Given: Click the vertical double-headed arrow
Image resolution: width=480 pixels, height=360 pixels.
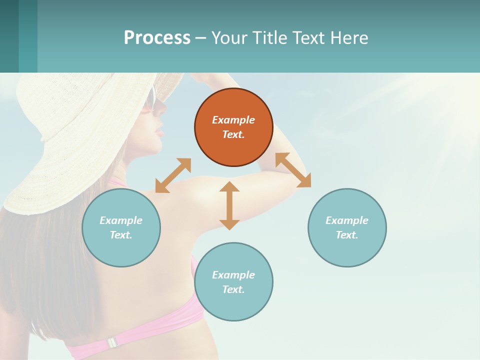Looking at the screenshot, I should (x=229, y=205).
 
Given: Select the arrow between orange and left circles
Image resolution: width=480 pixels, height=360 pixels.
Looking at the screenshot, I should (x=173, y=175).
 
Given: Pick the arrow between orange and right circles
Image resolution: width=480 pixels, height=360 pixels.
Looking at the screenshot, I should (x=293, y=170).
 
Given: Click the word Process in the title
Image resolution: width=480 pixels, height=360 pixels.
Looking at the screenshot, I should (x=157, y=37).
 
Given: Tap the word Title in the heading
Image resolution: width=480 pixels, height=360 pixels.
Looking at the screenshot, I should (x=269, y=37).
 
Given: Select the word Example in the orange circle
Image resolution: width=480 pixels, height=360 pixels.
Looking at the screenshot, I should (x=233, y=120).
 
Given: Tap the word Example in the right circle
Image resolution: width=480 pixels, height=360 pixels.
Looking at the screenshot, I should (x=347, y=220).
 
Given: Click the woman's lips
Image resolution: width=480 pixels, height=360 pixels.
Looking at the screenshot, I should (x=159, y=132).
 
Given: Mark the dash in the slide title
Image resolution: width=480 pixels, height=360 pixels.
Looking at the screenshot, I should (x=201, y=38).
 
